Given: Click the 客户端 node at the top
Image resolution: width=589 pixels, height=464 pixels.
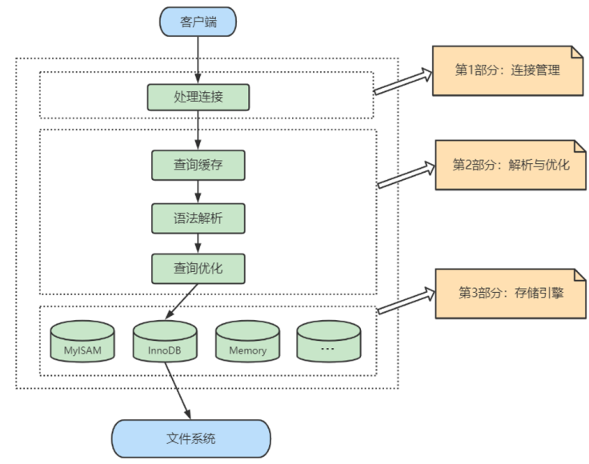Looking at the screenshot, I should (x=198, y=21).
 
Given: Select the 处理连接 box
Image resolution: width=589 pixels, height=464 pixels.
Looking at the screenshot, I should (x=198, y=97).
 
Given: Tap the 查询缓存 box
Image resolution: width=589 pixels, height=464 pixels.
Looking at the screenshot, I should (x=198, y=165).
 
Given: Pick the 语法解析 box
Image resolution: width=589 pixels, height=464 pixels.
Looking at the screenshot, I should (x=198, y=217).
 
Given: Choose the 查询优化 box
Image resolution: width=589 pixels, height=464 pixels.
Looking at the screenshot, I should (x=198, y=268).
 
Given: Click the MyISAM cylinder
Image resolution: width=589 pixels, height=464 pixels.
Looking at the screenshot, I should (x=82, y=342).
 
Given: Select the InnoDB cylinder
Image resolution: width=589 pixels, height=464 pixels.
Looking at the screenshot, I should (x=165, y=342).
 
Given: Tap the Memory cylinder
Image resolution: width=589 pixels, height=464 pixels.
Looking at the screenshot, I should (x=247, y=342).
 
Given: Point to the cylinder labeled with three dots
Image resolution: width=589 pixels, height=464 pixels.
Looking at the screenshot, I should (x=329, y=342).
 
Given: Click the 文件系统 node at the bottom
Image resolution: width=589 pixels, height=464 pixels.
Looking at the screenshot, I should (x=190, y=438).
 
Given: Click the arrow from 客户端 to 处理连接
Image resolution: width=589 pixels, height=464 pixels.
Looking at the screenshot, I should (x=198, y=60).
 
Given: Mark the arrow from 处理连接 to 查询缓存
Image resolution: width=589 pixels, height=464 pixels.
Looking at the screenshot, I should (x=198, y=130).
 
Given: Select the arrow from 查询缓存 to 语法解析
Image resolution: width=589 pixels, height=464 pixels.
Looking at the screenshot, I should (x=198, y=191).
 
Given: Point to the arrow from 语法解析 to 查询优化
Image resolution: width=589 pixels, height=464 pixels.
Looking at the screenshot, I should (x=198, y=242).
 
